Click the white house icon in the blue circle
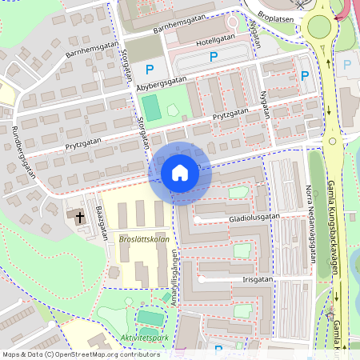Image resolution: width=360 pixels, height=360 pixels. tap(180, 172)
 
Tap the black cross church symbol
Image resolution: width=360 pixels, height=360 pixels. tap(80, 216)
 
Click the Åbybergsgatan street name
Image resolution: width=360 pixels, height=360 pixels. tap(161, 81)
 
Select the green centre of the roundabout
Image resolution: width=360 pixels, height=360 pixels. tap(320, 28)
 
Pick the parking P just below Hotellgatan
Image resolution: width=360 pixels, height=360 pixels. tap(214, 57)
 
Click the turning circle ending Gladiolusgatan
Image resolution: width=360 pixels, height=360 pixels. tap(197, 218)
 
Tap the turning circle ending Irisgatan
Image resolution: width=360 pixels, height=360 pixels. tap(202, 280)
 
